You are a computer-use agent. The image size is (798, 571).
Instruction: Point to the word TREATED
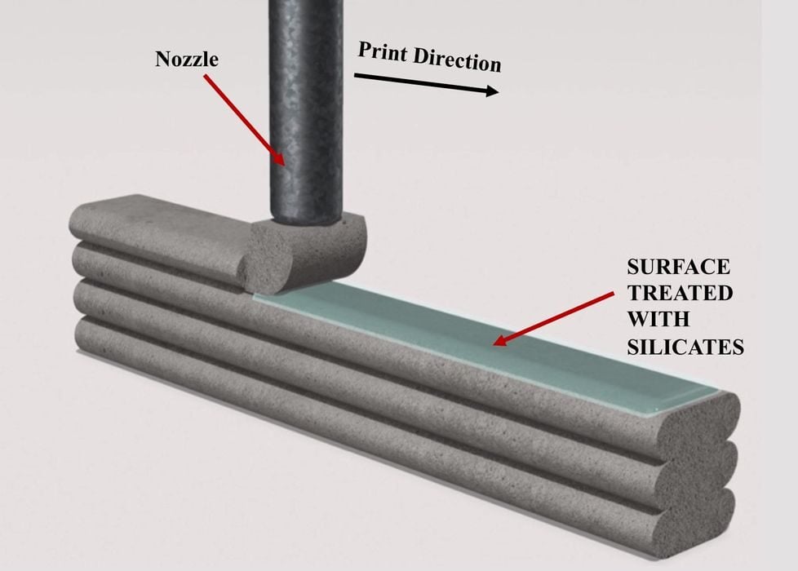coord(680,294)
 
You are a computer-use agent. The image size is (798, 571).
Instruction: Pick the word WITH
coord(653,320)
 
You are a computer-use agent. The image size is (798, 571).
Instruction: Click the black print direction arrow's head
coord(493,91)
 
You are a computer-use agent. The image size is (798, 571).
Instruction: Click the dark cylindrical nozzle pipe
coord(306,106)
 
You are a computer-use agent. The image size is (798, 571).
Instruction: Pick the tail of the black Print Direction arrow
coord(356,76)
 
